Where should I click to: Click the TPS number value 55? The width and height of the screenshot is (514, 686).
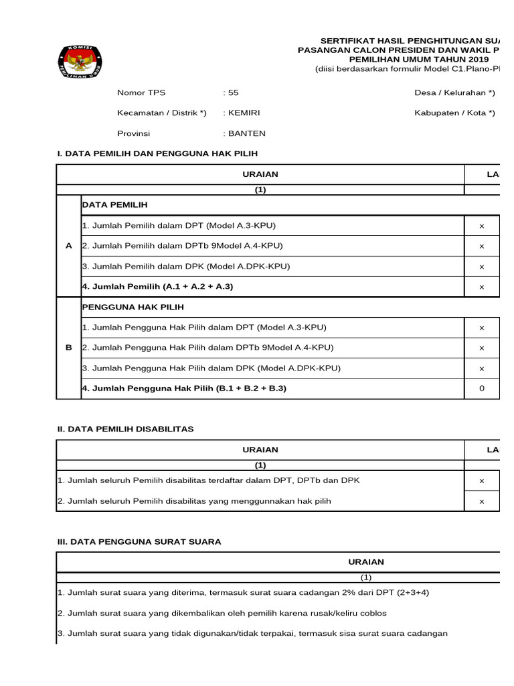234,92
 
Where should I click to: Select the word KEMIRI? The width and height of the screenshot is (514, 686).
244,113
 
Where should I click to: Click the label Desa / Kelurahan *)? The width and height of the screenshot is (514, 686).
454,92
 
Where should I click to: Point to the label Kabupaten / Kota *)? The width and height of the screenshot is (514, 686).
454,113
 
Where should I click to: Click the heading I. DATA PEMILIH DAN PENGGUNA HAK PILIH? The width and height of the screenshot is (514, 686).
157,153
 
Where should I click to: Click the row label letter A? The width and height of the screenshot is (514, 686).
69,246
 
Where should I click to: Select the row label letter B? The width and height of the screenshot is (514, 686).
69,348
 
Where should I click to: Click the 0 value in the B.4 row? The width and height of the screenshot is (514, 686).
482,389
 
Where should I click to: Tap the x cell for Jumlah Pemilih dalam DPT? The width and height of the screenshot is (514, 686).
482,226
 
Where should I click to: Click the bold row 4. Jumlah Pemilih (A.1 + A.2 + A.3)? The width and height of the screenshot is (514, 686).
158,287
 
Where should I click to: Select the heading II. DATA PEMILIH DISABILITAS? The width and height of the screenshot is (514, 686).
126,429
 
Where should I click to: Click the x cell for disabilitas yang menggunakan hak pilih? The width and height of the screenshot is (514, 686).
482,501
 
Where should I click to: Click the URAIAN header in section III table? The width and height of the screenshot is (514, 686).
366,562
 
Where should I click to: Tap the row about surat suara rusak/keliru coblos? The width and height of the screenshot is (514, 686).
222,613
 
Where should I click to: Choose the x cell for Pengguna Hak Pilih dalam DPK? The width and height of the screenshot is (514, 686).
482,368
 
